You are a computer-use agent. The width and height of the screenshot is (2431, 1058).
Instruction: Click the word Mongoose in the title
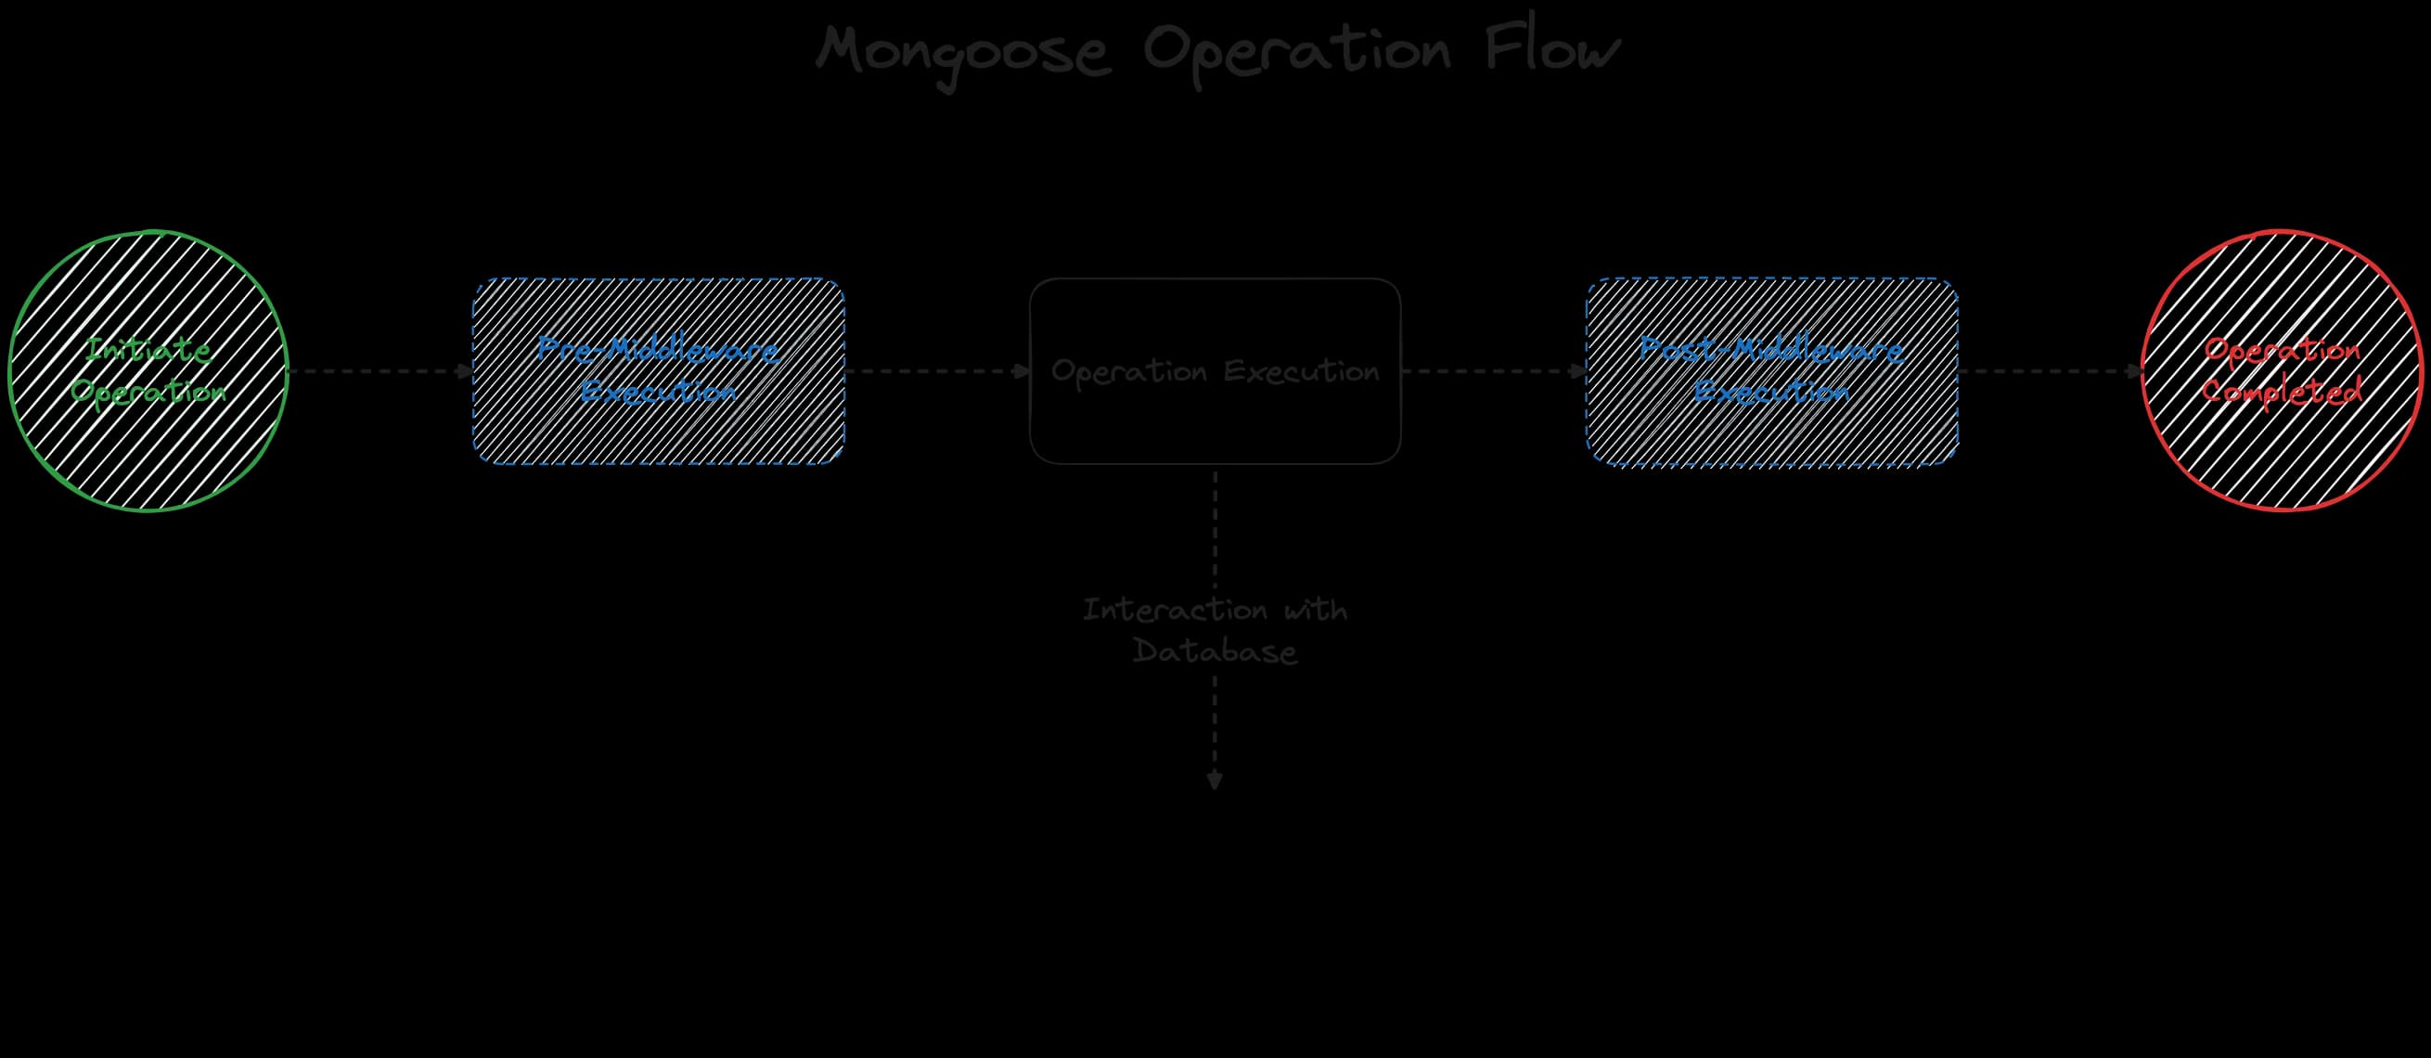click(962, 51)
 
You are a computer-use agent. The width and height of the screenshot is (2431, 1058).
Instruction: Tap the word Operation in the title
click(1296, 51)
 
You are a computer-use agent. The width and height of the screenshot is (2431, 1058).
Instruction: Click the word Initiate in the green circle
click(148, 349)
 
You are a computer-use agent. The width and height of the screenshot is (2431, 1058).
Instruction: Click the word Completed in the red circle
click(2283, 391)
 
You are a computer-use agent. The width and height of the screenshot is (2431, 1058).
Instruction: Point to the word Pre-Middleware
click(658, 349)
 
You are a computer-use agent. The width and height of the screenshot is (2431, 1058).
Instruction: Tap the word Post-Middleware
click(1771, 349)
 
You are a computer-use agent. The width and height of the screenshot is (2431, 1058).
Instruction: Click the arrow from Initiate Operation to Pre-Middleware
click(378, 371)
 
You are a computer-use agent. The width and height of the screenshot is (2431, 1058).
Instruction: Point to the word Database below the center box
click(1215, 652)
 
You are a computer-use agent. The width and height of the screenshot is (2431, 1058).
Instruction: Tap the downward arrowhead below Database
click(1215, 781)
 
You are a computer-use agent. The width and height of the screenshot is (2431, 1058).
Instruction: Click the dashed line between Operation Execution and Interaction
click(1215, 528)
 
